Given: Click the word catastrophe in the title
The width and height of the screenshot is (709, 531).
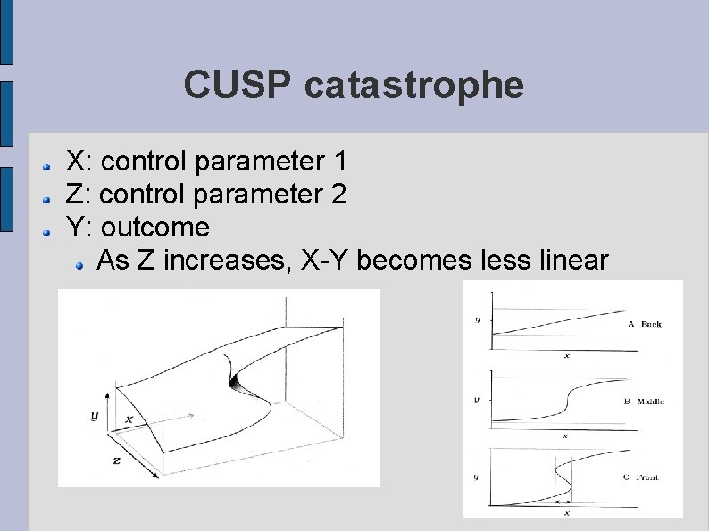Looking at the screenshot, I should [x=413, y=86].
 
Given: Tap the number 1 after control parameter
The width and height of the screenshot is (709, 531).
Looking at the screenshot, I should [x=338, y=162].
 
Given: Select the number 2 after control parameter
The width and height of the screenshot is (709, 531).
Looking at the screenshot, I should [x=338, y=194].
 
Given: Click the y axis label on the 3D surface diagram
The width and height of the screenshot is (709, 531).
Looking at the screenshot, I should [x=95, y=415].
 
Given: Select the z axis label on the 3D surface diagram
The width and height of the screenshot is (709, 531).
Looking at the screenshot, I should [x=116, y=460].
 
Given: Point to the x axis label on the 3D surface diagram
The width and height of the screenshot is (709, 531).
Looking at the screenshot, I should [x=129, y=418].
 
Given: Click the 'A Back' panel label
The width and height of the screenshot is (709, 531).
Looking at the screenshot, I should [x=645, y=324].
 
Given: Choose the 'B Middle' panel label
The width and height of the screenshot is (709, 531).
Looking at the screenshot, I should [x=644, y=402].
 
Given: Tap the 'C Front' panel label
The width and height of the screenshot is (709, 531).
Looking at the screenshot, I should [x=642, y=477].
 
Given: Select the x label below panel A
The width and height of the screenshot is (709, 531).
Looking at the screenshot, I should [x=566, y=356].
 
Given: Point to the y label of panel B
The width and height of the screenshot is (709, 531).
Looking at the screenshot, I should [x=476, y=400].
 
